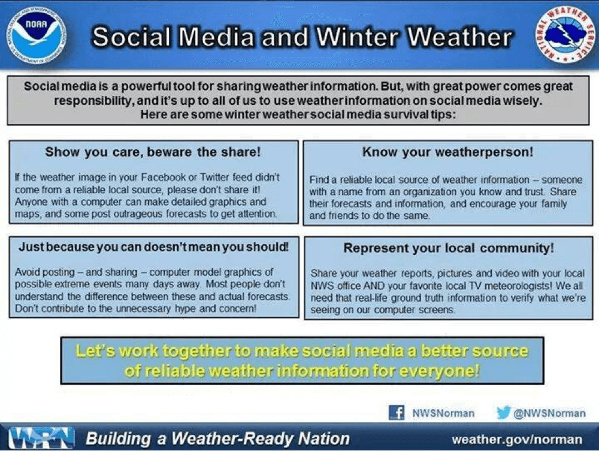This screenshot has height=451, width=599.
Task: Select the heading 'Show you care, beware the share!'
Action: pyautogui.click(x=153, y=152)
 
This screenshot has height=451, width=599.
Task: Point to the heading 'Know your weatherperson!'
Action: pyautogui.click(x=447, y=152)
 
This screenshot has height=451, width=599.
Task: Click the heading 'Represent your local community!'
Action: pyautogui.click(x=449, y=248)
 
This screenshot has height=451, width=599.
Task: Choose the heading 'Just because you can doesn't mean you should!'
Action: pyautogui.click(x=153, y=246)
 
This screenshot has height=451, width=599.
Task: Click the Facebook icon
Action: pyautogui.click(x=397, y=413)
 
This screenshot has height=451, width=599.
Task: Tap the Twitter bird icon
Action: pyautogui.click(x=504, y=413)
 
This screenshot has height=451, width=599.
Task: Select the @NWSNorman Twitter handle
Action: pyautogui.click(x=549, y=413)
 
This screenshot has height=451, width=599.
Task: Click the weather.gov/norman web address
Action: pyautogui.click(x=517, y=440)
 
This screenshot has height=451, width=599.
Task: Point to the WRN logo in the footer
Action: pyautogui.click(x=41, y=438)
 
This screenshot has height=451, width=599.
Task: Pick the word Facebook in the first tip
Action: pyautogui.click(x=164, y=177)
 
